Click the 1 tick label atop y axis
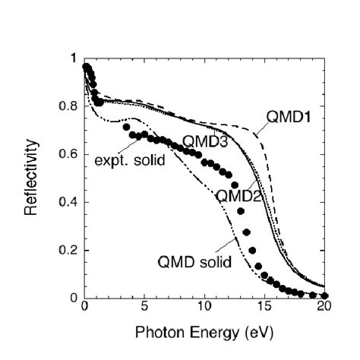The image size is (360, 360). (x=73, y=58)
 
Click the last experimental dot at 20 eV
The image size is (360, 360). (x=324, y=295)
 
